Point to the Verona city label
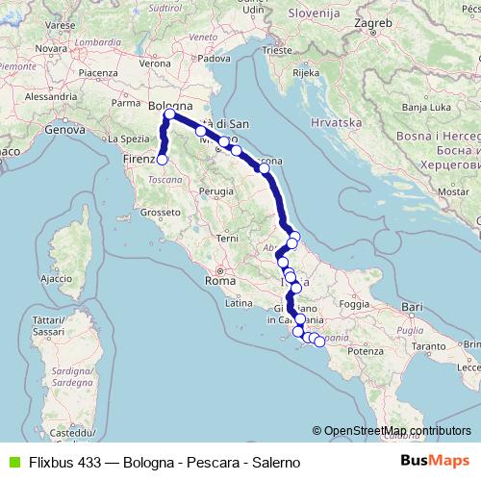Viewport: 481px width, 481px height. (154, 63)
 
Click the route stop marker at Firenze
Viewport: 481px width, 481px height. (163, 160)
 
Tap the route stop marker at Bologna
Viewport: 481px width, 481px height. (170, 114)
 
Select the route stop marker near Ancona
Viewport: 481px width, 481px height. (264, 167)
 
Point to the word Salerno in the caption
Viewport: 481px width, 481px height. (276, 462)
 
